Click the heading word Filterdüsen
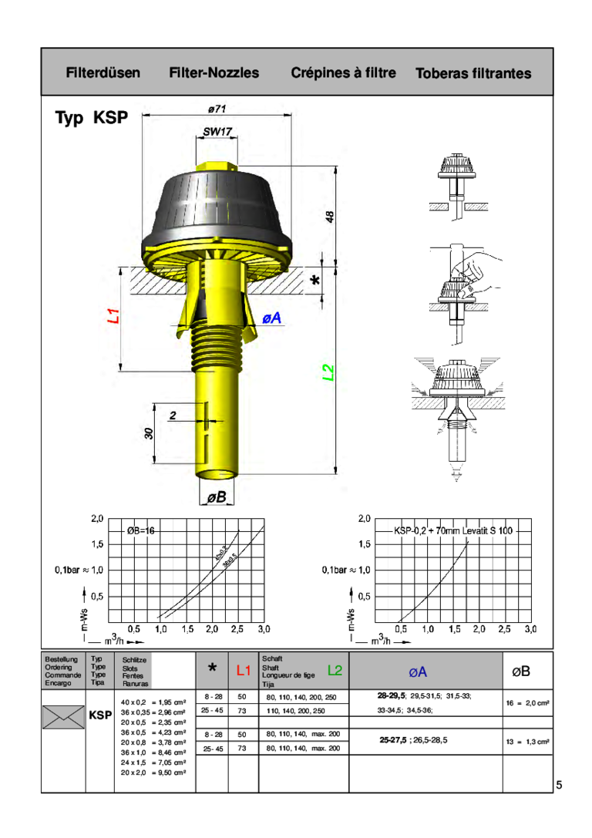[103, 73]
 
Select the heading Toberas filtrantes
[473, 74]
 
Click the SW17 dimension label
[217, 132]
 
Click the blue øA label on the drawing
[271, 318]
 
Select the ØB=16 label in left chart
[142, 531]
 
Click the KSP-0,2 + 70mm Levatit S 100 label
[452, 531]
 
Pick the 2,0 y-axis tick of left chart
[96, 518]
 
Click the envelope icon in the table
[63, 716]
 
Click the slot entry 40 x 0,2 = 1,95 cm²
[154, 702]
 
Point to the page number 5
[560, 785]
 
